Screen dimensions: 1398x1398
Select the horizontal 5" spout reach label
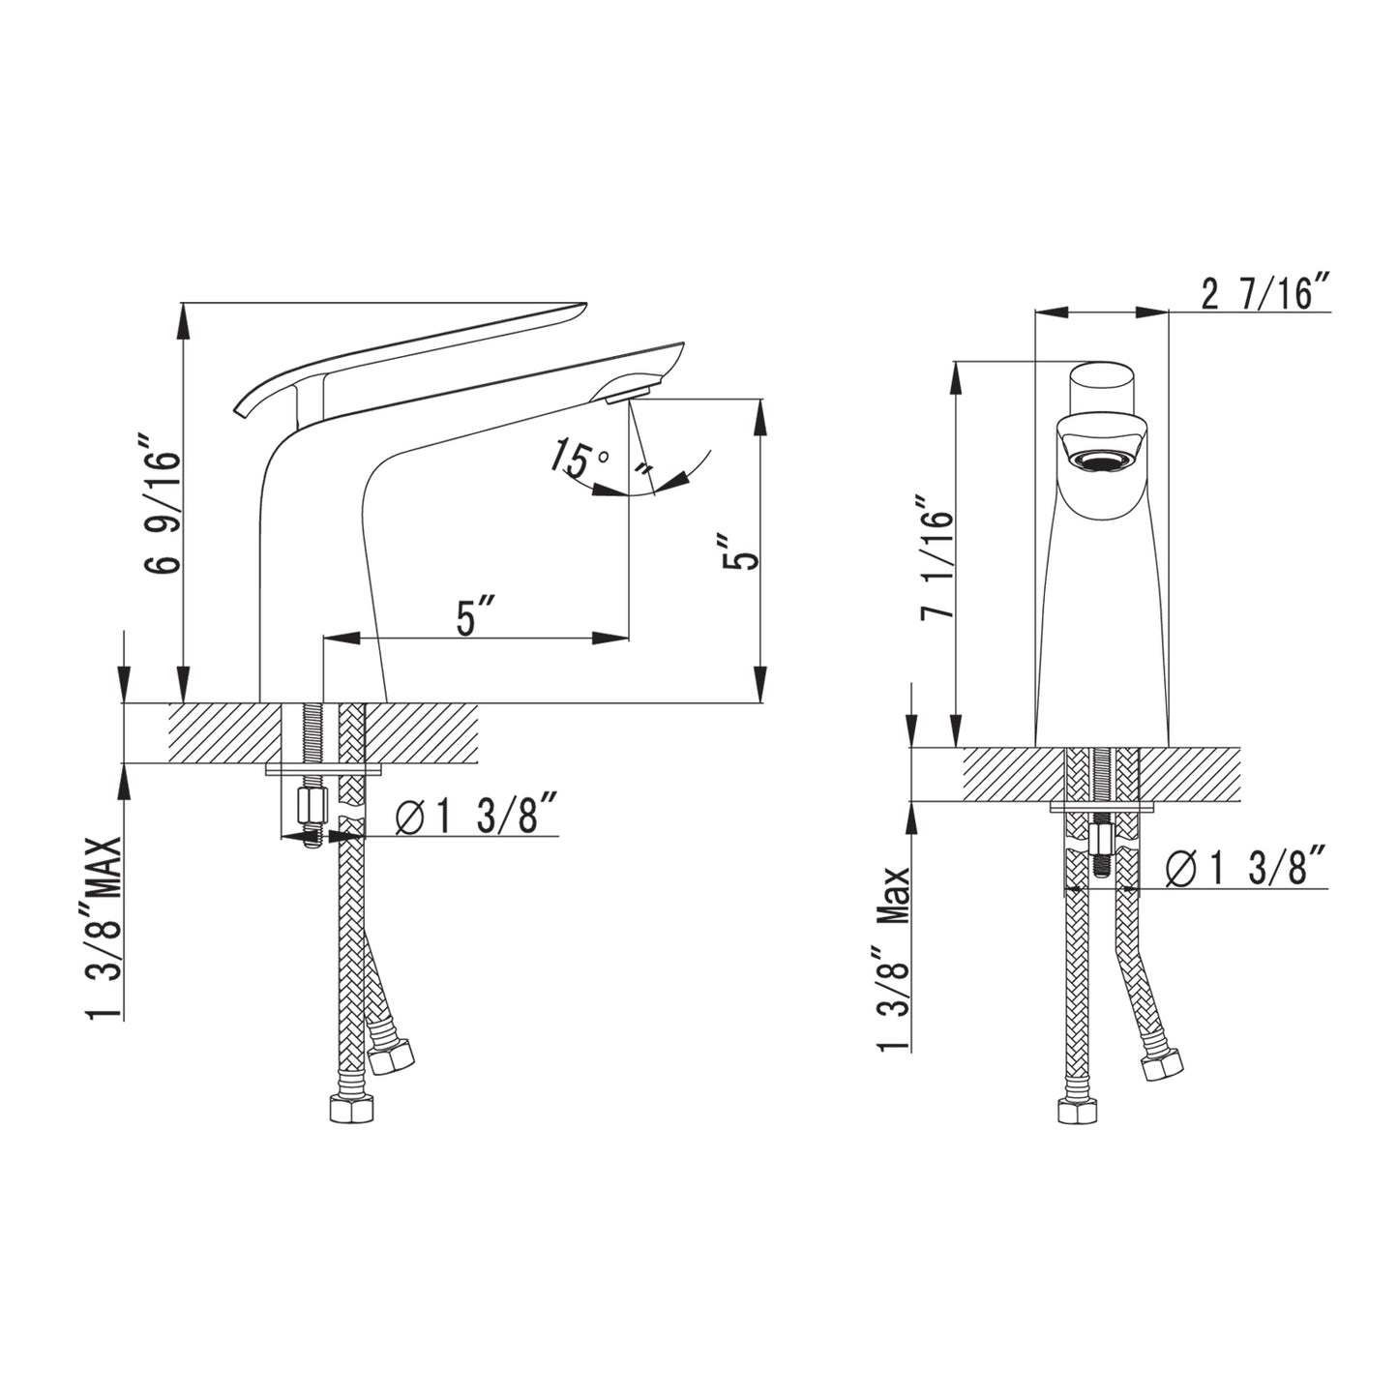click(476, 616)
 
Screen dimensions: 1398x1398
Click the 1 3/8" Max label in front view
click(893, 959)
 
